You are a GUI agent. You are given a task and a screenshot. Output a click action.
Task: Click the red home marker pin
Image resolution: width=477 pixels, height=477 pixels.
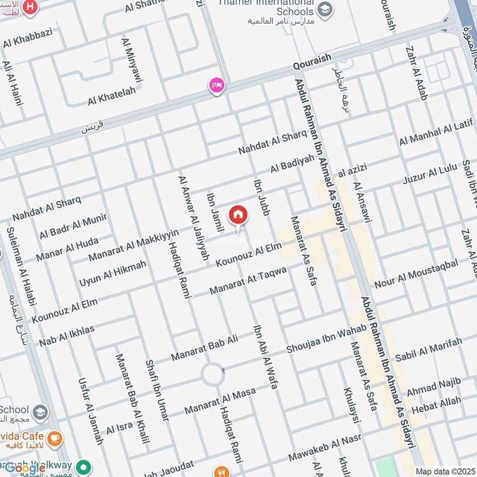(238, 215)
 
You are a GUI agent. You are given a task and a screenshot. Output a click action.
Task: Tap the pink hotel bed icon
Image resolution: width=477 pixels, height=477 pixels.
(216, 86)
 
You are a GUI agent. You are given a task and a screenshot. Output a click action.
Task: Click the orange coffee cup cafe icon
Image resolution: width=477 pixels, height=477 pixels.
(55, 439)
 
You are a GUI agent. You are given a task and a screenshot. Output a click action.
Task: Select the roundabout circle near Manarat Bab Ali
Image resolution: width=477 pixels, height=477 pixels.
(212, 375)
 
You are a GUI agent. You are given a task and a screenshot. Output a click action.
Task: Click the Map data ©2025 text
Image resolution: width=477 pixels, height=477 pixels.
(445, 471)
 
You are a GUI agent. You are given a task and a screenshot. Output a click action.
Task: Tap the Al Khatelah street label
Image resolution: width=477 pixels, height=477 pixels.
(111, 95)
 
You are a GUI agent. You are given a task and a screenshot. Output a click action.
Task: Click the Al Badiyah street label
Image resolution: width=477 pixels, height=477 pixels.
(292, 164)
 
